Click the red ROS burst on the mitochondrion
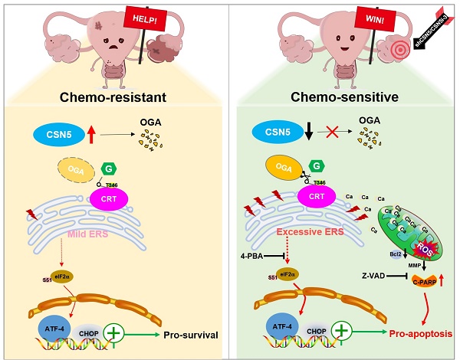(x=423, y=244)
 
